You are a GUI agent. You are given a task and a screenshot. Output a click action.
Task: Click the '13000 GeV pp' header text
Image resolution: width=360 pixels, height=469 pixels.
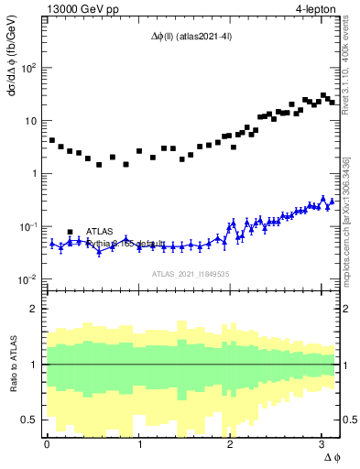(80, 9)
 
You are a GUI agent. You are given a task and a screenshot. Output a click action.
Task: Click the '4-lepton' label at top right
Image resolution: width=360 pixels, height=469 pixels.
(314, 9)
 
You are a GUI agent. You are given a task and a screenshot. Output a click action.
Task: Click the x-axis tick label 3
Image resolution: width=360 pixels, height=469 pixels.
(322, 444)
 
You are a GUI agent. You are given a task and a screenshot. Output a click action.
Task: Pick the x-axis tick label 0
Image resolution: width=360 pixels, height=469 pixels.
(47, 444)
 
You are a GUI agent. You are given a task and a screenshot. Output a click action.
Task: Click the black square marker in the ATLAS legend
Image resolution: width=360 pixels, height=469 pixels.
(70, 232)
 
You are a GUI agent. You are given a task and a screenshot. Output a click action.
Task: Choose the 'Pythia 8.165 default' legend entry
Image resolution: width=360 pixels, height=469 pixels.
(125, 244)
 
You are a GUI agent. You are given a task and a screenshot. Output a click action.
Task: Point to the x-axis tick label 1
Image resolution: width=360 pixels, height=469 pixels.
(139, 444)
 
